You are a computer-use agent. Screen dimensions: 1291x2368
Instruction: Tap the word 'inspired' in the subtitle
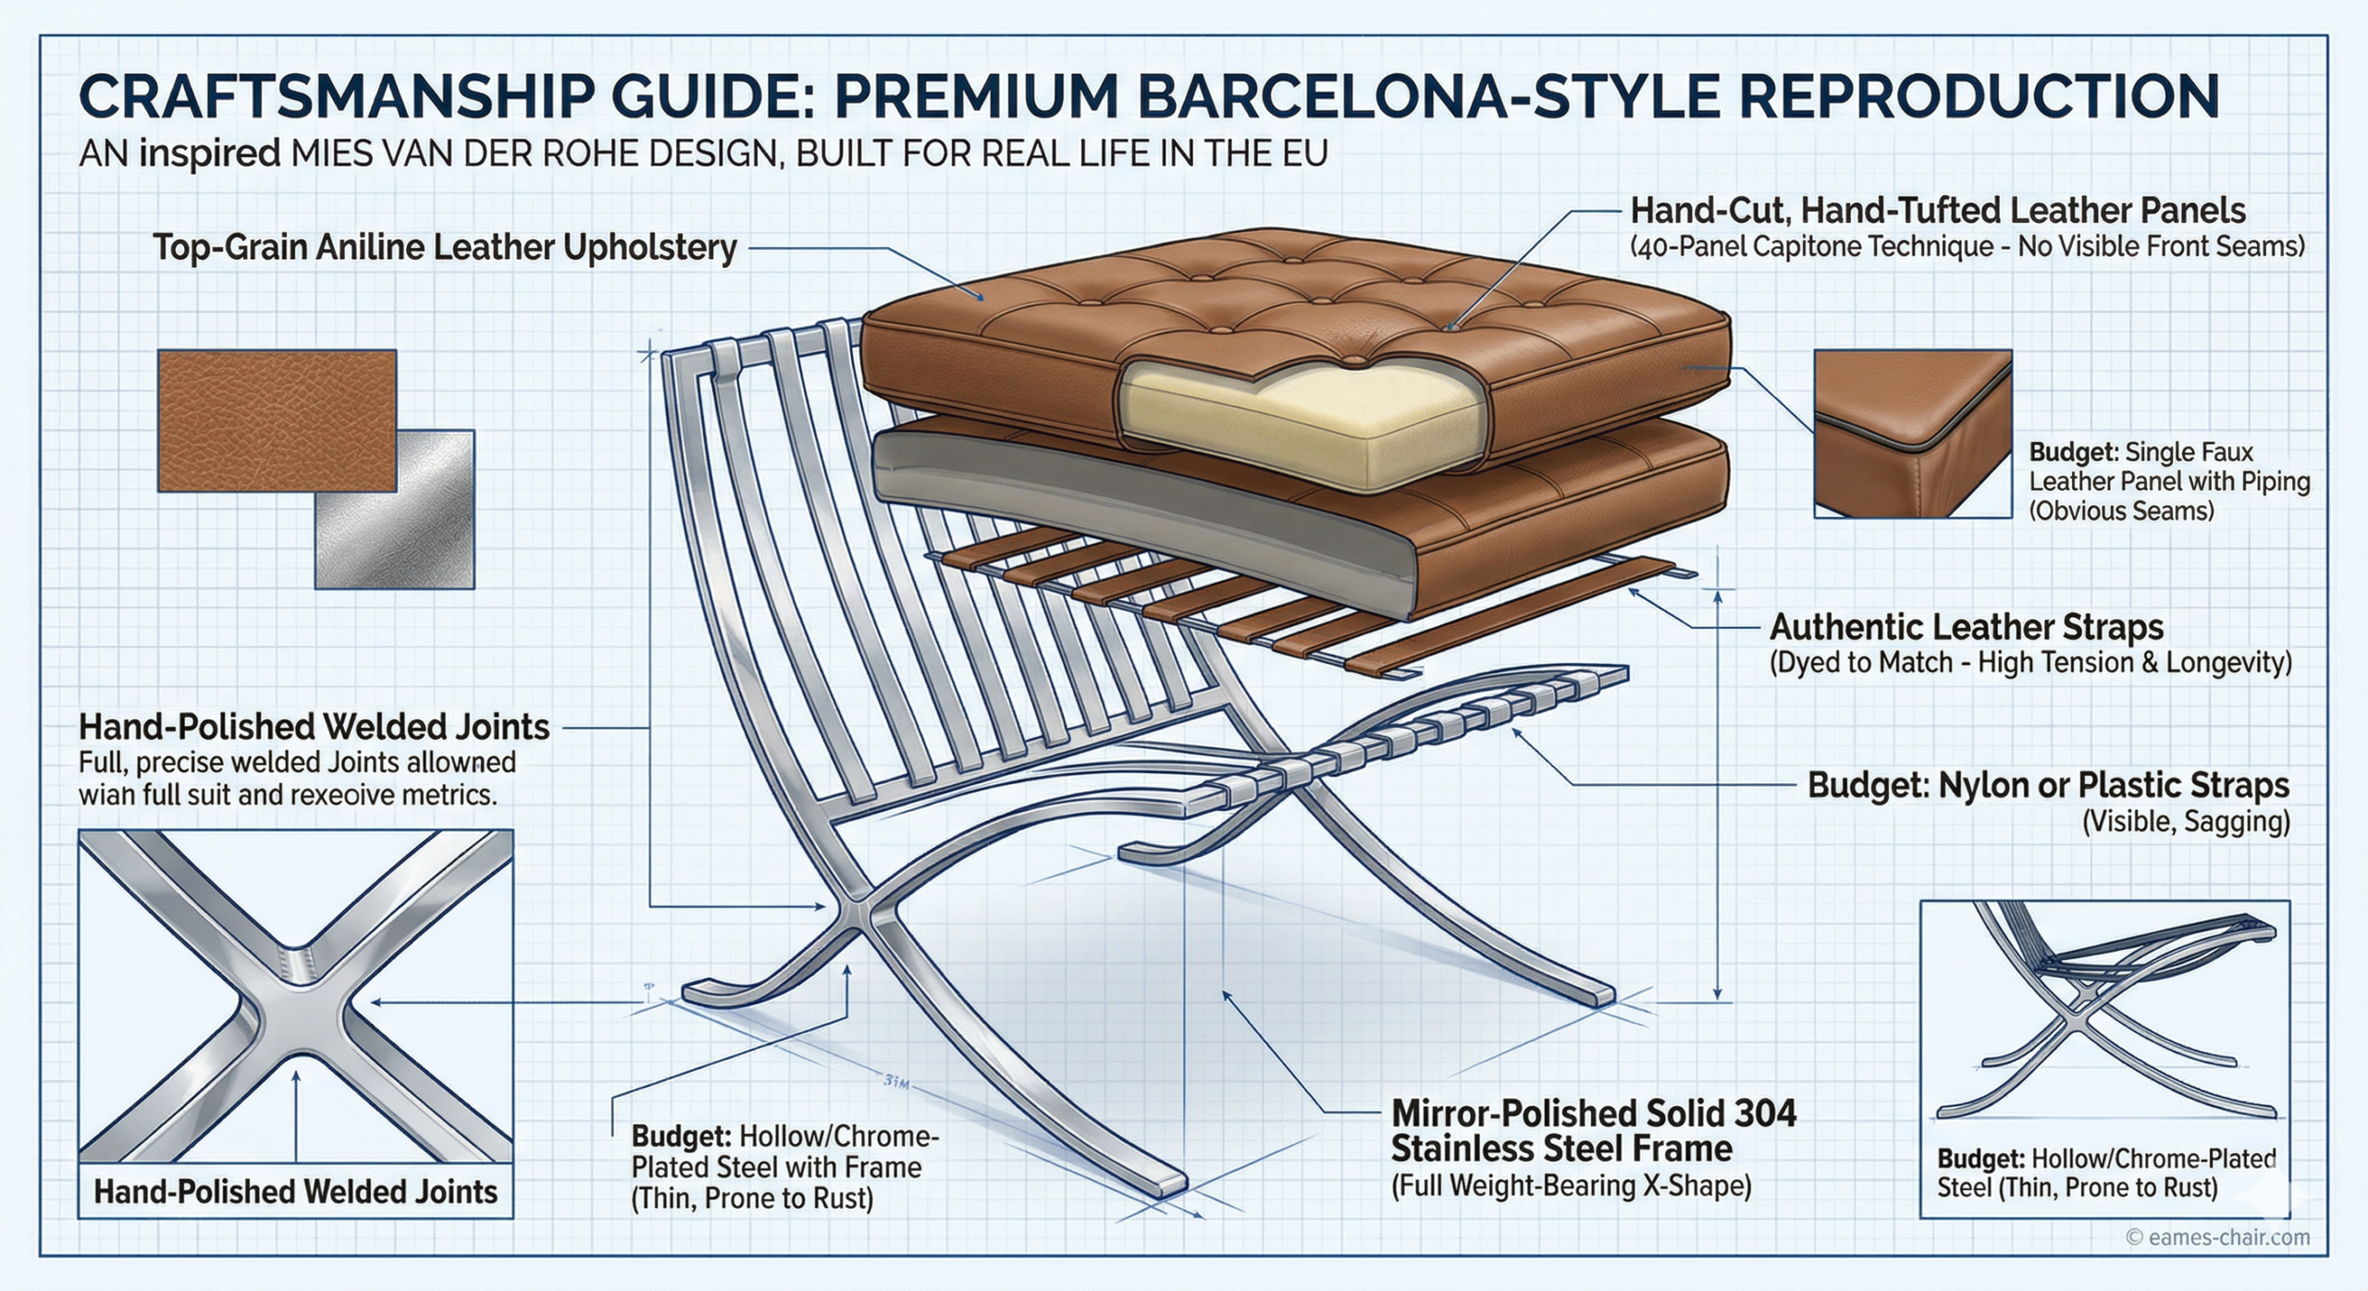209,154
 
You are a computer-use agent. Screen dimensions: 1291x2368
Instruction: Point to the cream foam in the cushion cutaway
1295,425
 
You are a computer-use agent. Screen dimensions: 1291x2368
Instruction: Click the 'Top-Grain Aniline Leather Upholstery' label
444,248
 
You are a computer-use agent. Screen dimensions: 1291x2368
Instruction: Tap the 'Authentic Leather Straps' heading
1966,627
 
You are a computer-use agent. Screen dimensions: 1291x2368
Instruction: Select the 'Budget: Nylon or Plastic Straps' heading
2048,785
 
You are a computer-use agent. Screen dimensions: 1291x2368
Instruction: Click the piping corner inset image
1912,433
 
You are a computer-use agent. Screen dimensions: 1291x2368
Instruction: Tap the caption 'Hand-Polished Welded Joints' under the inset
296,1191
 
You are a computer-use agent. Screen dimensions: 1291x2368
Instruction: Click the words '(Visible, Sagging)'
2185,822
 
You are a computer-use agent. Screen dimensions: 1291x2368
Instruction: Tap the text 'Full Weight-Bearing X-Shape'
1571,1186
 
